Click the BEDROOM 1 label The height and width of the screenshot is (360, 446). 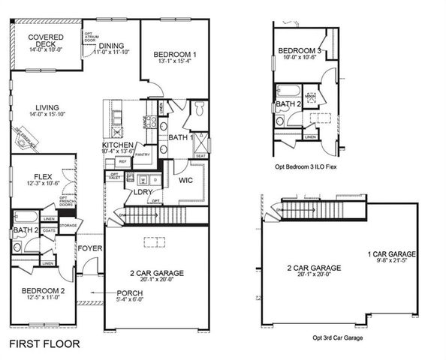click(175, 55)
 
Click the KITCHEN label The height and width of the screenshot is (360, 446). click(118, 145)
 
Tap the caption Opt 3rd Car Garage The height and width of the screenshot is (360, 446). click(337, 338)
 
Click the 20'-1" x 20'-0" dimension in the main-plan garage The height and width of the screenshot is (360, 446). click(155, 280)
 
